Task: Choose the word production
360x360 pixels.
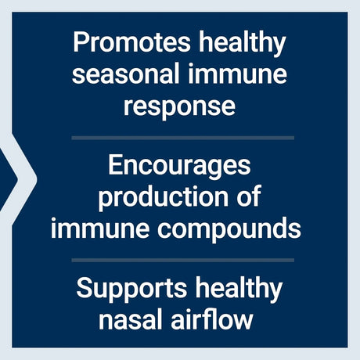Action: [x=161, y=197]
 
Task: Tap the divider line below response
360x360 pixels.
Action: [x=182, y=137]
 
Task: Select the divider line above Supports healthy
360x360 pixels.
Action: [x=182, y=260]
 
